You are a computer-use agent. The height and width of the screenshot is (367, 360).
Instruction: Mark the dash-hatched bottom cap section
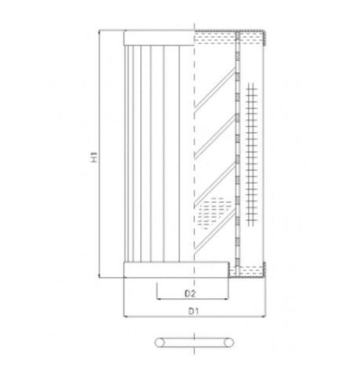pos(247,271)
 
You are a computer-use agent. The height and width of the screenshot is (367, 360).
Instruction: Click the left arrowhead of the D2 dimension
pos(159,300)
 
